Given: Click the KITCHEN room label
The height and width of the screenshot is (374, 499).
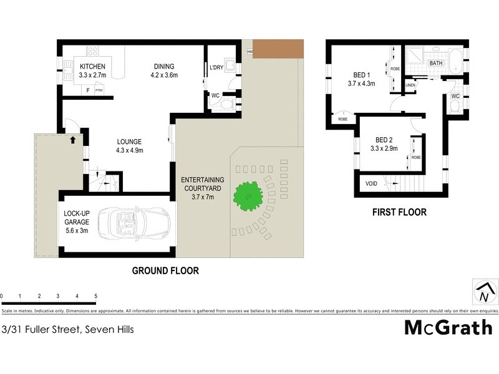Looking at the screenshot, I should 92,67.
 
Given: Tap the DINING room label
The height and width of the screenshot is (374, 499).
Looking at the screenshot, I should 165,67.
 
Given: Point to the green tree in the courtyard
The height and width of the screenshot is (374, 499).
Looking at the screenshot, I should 248,196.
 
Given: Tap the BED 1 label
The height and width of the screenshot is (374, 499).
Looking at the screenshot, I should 361,75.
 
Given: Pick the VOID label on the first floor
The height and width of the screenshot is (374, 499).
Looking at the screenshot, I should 371,183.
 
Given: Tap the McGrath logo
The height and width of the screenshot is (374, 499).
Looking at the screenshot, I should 448,327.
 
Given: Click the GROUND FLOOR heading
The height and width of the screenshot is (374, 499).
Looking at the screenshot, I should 165,271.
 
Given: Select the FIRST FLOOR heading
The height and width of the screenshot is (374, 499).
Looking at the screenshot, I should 399,213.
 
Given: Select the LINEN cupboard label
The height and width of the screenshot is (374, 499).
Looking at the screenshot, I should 410,85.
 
